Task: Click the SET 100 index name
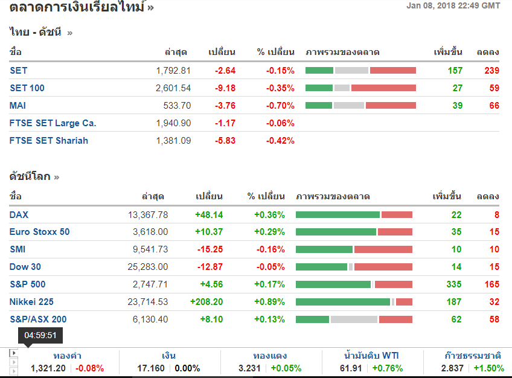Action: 27,88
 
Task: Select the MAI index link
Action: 18,106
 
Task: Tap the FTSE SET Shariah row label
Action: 49,141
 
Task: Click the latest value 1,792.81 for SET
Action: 173,71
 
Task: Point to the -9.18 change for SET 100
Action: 225,88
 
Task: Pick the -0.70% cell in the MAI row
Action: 280,106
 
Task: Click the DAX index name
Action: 19,215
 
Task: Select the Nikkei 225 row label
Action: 31,302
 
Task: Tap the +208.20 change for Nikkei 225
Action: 206,302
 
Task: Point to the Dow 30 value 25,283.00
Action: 148,267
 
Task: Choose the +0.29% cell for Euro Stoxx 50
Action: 269,232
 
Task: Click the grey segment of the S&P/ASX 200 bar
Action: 354,319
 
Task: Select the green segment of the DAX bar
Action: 338,215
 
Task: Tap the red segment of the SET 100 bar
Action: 383,88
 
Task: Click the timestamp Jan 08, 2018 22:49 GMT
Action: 453,6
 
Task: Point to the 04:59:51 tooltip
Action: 40,335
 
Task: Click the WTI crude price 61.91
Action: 354,368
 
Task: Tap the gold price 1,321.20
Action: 48,368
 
